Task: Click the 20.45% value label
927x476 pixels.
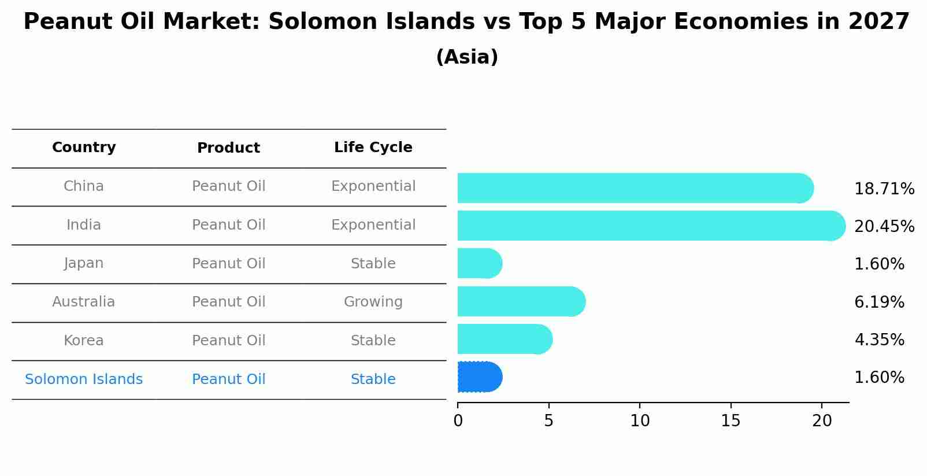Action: (884, 226)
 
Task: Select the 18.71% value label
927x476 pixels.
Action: (884, 189)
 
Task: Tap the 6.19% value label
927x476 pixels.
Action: (879, 302)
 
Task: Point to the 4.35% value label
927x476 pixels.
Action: (879, 340)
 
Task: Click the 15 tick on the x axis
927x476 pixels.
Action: (731, 420)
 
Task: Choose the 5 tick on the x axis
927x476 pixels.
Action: (548, 420)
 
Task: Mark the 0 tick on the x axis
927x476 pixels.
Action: (458, 420)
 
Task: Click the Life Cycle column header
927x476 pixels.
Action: (373, 147)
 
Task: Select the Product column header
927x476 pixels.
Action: (228, 148)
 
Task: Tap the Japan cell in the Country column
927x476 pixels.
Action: (84, 263)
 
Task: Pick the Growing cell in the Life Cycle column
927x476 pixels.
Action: (373, 302)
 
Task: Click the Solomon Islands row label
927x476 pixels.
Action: (84, 379)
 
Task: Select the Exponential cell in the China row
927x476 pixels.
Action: (373, 186)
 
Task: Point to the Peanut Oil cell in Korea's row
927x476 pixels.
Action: (228, 341)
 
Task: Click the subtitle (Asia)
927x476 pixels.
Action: (467, 57)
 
